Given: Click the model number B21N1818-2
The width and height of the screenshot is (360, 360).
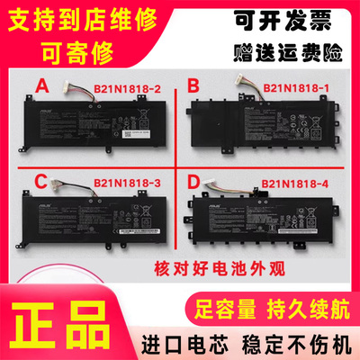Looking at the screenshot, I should point(127,89).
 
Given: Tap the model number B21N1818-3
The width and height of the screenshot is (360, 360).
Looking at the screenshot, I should point(127,184).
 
